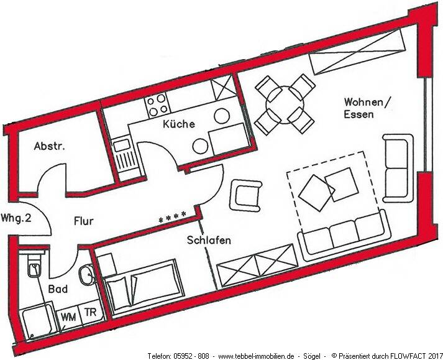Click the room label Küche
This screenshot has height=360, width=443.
coord(178,124)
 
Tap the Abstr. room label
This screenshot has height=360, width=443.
coord(49,147)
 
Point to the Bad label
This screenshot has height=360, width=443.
coord(58,290)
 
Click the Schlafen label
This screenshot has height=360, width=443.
coord(209,240)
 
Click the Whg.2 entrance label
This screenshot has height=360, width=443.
coord(16,218)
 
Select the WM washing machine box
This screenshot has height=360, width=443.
coord(68,316)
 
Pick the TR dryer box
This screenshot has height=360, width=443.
coord(90,312)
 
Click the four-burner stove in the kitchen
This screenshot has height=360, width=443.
coord(155,105)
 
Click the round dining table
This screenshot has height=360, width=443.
coord(285,104)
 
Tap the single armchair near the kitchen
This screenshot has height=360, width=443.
coord(245,195)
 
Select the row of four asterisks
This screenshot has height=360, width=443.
coord(173,218)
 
